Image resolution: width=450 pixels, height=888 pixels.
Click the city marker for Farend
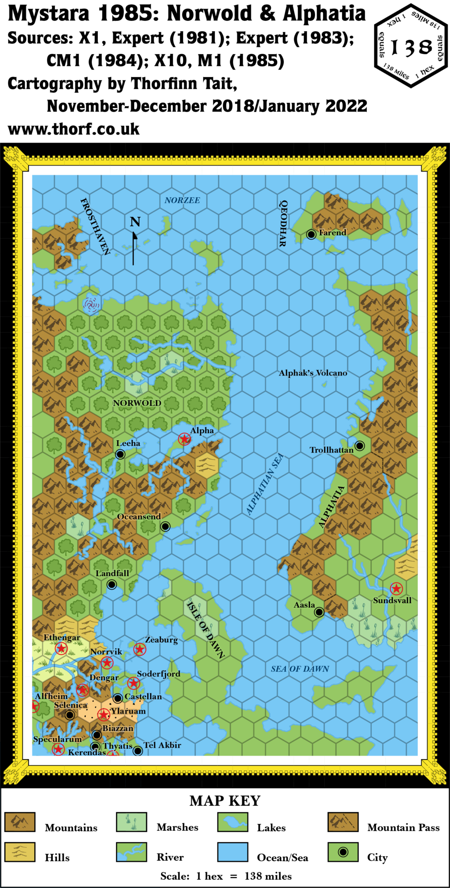(x=311, y=234)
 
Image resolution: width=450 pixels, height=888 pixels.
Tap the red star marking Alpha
(x=185, y=439)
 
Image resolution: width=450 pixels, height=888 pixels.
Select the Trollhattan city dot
(x=359, y=445)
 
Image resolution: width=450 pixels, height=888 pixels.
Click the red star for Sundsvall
(x=396, y=588)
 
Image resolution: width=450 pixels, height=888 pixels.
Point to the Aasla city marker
(x=319, y=612)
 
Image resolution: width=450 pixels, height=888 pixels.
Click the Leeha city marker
(x=120, y=454)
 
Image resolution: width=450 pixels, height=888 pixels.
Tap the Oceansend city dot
(x=165, y=526)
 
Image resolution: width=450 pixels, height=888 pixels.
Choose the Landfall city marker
(x=112, y=584)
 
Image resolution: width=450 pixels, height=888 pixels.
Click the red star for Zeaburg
(x=139, y=649)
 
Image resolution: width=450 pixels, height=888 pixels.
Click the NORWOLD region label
(x=137, y=403)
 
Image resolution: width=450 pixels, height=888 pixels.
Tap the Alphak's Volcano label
(x=313, y=373)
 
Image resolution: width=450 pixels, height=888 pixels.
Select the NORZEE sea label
(x=182, y=200)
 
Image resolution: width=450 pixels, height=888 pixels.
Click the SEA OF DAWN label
(x=300, y=669)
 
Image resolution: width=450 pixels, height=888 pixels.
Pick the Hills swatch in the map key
(x=20, y=852)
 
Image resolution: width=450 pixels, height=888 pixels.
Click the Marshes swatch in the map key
(x=132, y=822)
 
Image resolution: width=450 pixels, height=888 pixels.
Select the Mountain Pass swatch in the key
(x=343, y=822)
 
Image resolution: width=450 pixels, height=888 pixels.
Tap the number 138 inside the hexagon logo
(x=411, y=47)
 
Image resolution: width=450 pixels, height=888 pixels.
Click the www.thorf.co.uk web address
(x=74, y=129)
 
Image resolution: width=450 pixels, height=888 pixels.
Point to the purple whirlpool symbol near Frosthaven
(x=91, y=305)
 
